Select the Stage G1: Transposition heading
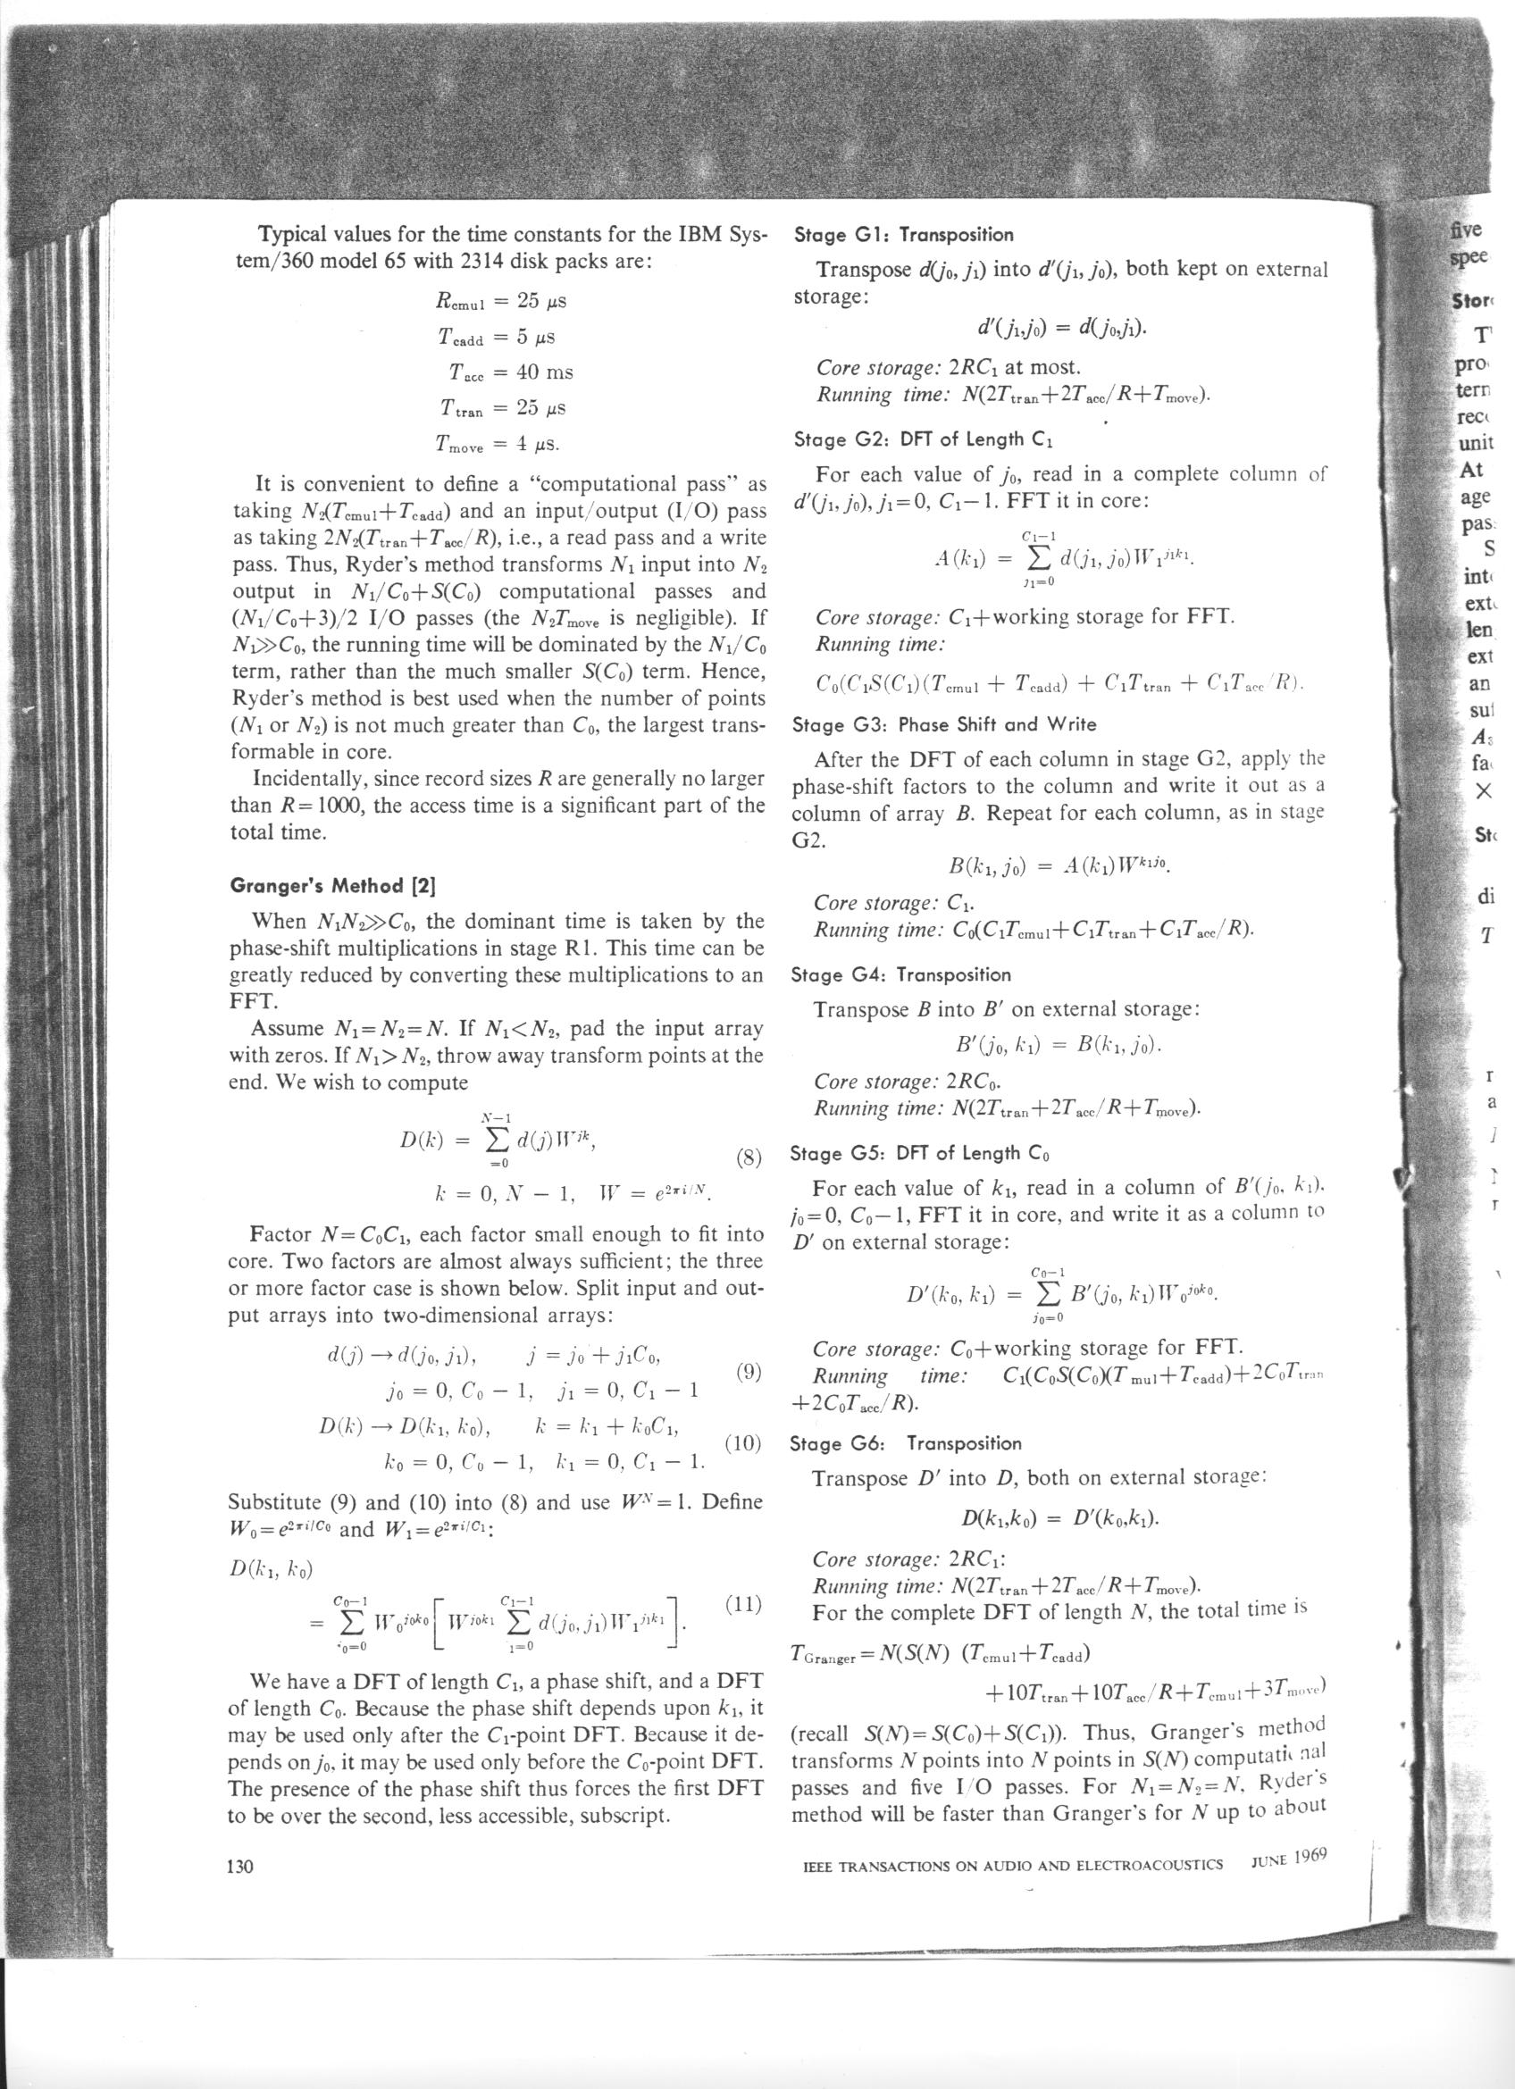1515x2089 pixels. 902,235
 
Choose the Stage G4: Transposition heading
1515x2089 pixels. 900,973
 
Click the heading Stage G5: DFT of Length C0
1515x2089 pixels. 920,1153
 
